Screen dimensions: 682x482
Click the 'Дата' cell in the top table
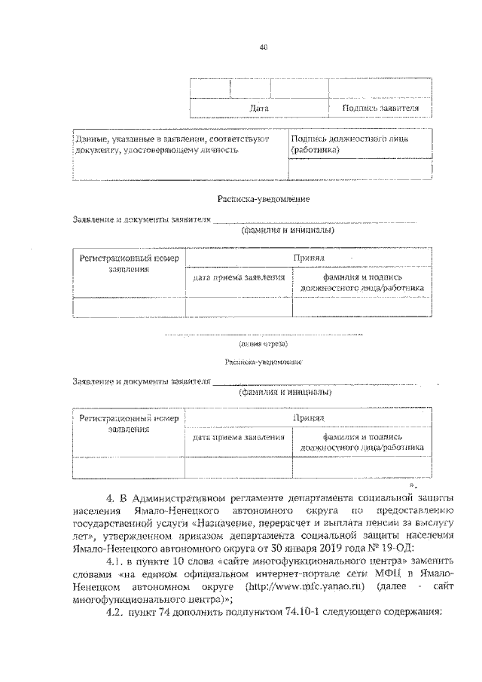click(259, 109)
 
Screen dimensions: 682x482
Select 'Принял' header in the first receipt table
click(309, 258)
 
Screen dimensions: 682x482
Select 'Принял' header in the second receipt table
click(309, 417)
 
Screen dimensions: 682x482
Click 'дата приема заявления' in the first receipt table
click(239, 277)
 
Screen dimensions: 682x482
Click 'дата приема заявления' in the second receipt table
click(239, 436)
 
